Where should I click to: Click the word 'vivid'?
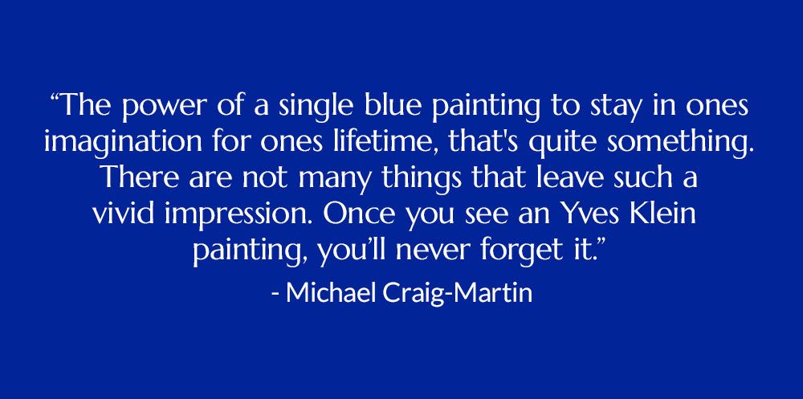tap(123, 214)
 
